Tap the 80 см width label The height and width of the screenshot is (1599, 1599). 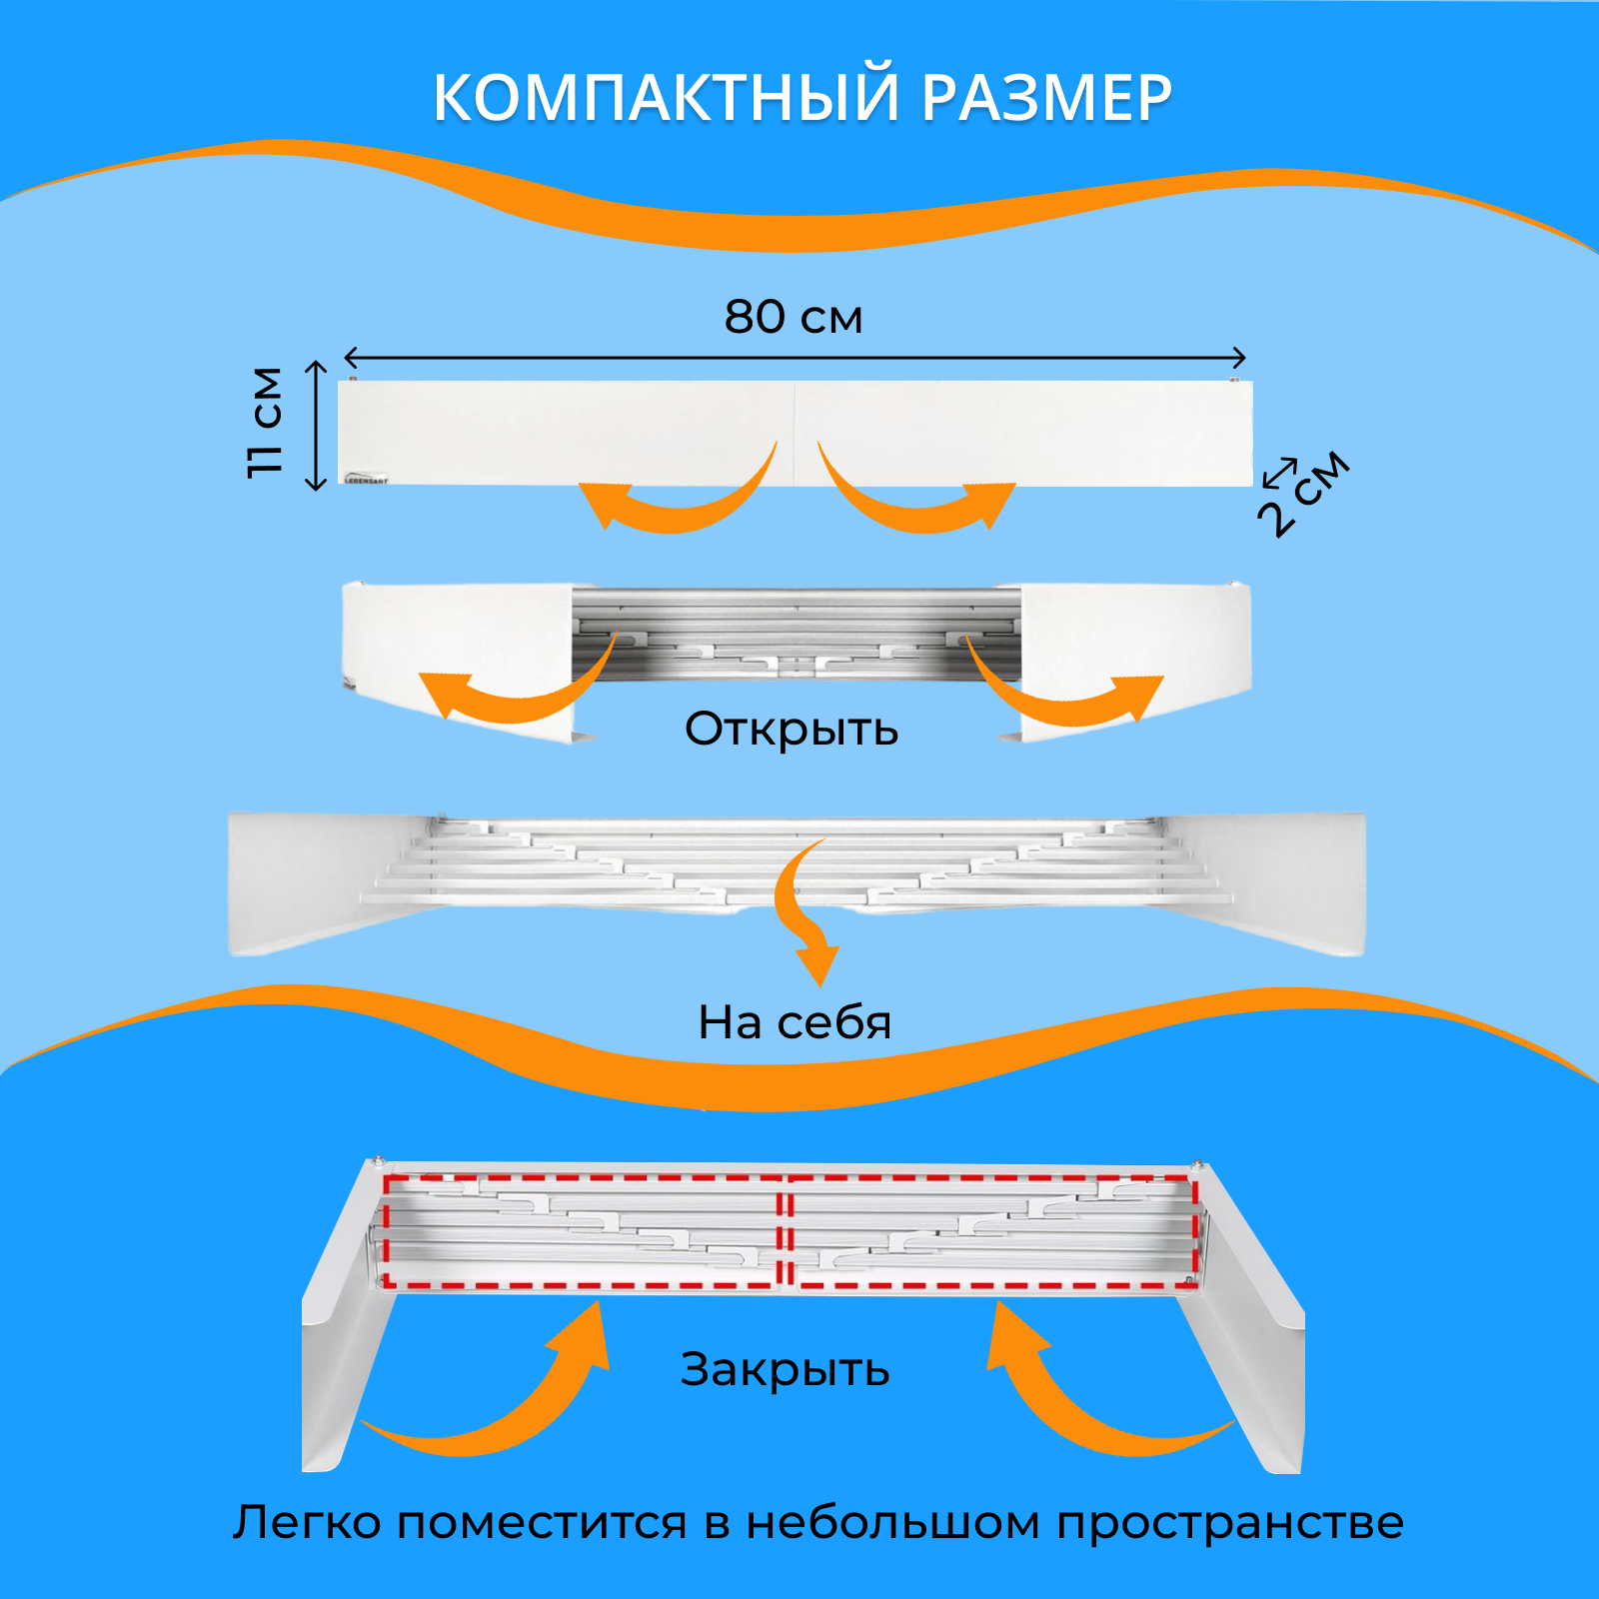pyautogui.click(x=793, y=317)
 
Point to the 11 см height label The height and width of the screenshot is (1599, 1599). pyautogui.click(x=266, y=423)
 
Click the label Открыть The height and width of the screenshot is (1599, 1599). pyautogui.click(x=791, y=730)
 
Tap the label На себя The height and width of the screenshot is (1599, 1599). pyautogui.click(x=794, y=1022)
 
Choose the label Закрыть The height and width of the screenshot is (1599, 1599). pyautogui.click(x=785, y=1369)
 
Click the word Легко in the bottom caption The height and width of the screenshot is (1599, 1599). pyautogui.click(x=307, y=1523)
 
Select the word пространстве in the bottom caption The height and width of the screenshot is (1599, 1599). pyautogui.click(x=1230, y=1523)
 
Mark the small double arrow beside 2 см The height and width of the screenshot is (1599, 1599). pyautogui.click(x=1279, y=471)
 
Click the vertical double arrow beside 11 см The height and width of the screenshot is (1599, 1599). pyautogui.click(x=316, y=426)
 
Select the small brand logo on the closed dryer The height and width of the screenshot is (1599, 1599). pyautogui.click(x=366, y=479)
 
